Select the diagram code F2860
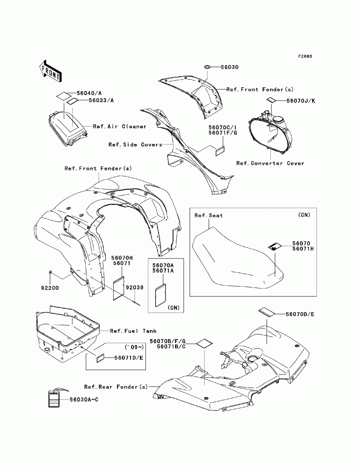point(305,56)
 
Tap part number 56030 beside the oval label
point(229,67)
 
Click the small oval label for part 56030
point(207,67)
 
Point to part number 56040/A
point(89,93)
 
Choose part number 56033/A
point(101,100)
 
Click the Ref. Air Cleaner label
point(120,126)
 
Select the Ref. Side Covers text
point(135,145)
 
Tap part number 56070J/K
point(301,101)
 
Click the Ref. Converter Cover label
point(270,163)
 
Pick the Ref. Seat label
point(208,216)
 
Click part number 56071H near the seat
point(303,249)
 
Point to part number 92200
point(50,288)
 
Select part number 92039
point(134,287)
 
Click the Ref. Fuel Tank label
point(133,331)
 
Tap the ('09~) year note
point(134,347)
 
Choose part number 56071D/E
point(129,358)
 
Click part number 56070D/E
point(300,314)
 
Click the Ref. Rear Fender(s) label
point(116,387)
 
